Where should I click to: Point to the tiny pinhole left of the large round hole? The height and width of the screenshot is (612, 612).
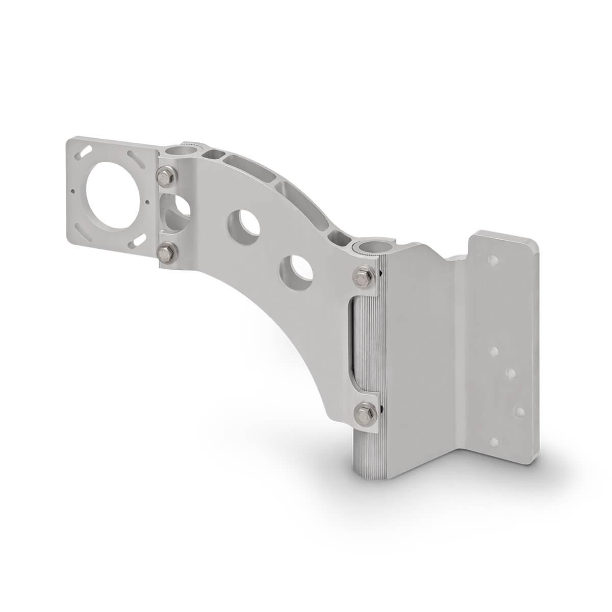(x=75, y=192)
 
